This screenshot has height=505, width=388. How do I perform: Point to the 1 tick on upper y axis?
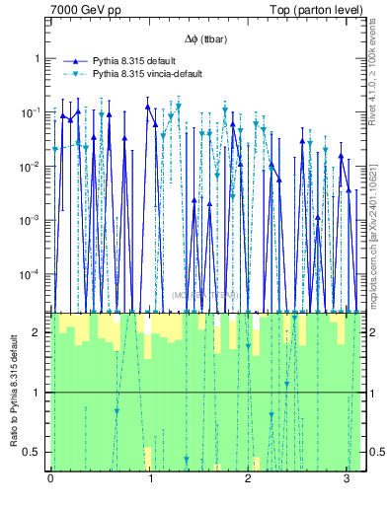(x=39, y=58)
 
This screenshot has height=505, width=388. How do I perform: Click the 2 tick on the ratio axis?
(x=39, y=332)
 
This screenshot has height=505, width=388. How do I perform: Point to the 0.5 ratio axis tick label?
(x=35, y=453)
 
